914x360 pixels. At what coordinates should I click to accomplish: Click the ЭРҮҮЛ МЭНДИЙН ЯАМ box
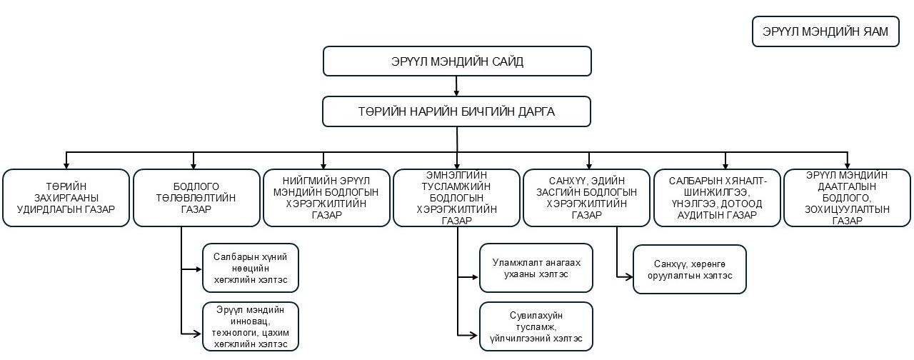point(825,32)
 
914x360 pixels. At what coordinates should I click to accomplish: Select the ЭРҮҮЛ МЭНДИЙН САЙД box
point(457,61)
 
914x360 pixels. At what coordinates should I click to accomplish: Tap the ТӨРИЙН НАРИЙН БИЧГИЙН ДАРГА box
point(457,111)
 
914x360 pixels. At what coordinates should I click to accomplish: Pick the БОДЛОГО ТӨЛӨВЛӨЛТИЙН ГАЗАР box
point(196,198)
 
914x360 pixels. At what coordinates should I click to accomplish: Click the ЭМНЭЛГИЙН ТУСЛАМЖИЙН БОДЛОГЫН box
point(457,198)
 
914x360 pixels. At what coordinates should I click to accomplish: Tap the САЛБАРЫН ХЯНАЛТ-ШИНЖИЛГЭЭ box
point(717,198)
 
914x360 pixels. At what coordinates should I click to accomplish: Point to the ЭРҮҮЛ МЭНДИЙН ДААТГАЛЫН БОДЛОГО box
point(848,198)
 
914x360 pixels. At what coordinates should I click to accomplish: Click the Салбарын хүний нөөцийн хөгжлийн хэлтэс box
point(250,269)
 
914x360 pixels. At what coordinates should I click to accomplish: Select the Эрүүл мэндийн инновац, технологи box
point(250,326)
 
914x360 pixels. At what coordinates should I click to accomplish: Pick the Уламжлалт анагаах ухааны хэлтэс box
point(536,269)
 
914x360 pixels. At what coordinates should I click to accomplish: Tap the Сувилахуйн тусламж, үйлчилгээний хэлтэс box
point(536,326)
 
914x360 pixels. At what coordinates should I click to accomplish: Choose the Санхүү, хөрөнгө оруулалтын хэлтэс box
point(689,269)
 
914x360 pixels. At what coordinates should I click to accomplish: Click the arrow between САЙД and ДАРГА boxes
point(457,86)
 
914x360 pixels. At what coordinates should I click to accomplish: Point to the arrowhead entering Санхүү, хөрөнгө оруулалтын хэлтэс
point(629,275)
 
